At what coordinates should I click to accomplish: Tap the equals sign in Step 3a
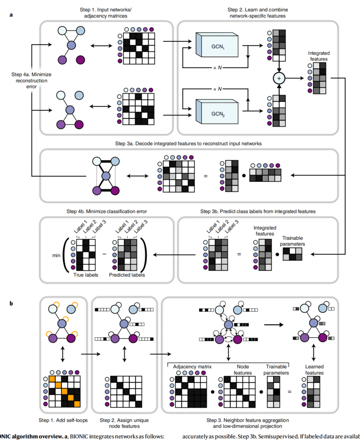[x=206, y=176]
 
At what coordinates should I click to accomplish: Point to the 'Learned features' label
[x=314, y=370]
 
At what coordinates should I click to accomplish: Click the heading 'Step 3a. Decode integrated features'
[x=189, y=143]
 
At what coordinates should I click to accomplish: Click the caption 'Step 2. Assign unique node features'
[x=124, y=423]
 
